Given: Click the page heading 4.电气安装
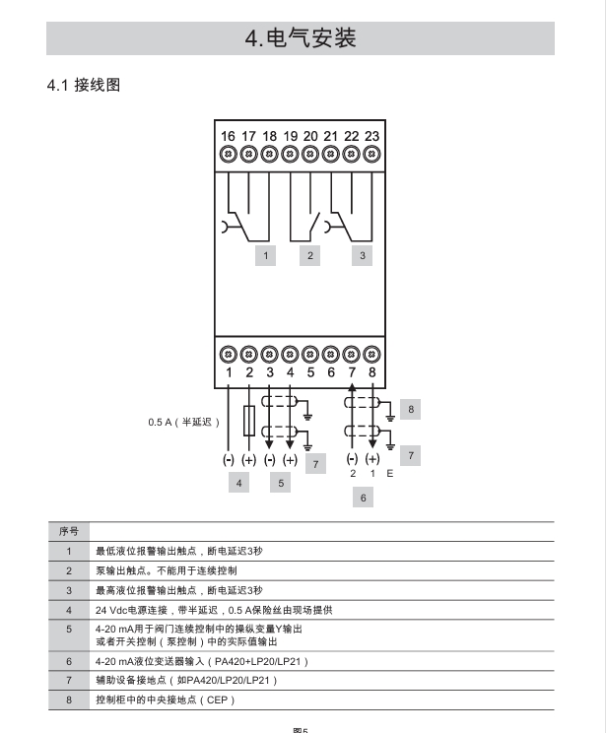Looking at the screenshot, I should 301,38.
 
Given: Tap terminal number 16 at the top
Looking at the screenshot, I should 228,136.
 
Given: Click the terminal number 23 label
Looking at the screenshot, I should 371,136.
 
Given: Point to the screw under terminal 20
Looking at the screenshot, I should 310,154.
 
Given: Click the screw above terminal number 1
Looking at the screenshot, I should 228,354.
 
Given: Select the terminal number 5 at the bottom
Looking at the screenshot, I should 310,372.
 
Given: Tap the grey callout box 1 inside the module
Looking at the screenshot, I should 264,255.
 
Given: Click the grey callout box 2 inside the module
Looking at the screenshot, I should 310,255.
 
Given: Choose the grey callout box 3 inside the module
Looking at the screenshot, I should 363,255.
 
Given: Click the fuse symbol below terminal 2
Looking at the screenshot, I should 248,421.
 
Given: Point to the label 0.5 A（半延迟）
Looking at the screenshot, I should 184,422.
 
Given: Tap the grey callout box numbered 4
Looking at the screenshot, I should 238,483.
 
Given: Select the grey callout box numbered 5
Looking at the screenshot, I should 280,483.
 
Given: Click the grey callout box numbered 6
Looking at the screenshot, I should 363,499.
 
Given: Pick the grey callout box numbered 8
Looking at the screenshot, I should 411,407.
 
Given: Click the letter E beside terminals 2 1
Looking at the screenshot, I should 390,474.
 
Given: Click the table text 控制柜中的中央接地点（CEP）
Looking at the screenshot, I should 165,700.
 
